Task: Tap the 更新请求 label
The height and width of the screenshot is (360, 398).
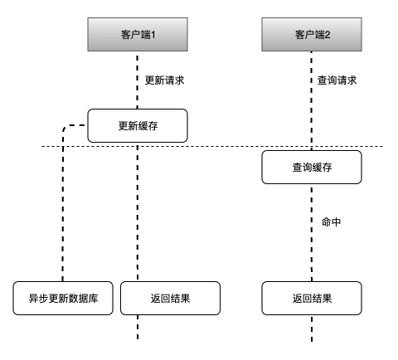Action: (x=165, y=80)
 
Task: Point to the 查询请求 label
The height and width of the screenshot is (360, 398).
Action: (x=338, y=80)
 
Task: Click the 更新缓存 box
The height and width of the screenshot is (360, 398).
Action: (x=138, y=126)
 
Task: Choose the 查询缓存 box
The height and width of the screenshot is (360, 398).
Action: (x=312, y=168)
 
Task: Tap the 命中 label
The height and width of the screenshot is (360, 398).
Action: (x=332, y=221)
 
